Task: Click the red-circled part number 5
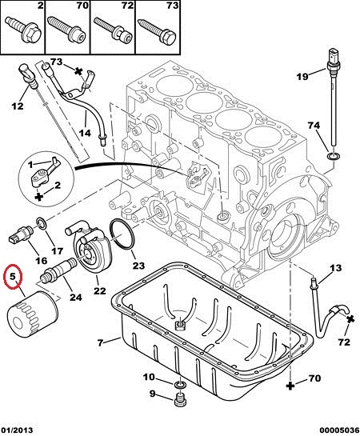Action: [x=12, y=277]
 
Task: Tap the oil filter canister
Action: [x=32, y=314]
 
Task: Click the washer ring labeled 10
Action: [x=180, y=385]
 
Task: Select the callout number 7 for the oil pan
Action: [x=100, y=342]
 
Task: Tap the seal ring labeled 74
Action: [x=334, y=156]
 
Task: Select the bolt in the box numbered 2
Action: [x=24, y=29]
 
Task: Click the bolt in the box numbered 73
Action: [x=158, y=30]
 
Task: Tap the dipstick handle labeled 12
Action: [x=26, y=74]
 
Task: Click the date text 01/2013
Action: [x=17, y=430]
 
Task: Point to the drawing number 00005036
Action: [x=339, y=430]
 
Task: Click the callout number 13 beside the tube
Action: [x=335, y=268]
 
